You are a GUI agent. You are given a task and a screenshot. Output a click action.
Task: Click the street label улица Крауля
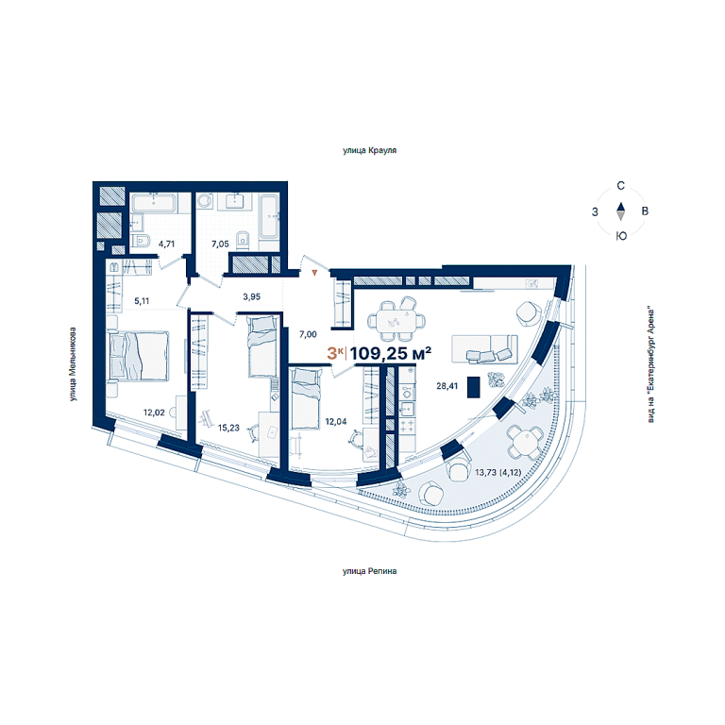(x=369, y=150)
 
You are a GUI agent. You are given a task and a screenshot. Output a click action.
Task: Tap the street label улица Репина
(x=369, y=571)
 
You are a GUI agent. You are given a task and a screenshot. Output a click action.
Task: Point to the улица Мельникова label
(x=73, y=364)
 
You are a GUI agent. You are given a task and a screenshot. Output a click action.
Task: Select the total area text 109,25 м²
(x=391, y=353)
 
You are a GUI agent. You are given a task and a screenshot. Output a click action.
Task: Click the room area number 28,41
(x=447, y=385)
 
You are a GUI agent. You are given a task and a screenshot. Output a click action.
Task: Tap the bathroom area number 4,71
(x=166, y=244)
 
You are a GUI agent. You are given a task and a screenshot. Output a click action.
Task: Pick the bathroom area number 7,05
(x=220, y=244)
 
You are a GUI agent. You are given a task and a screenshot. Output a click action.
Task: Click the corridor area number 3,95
(x=251, y=296)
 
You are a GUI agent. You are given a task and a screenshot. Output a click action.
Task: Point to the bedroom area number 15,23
(x=228, y=428)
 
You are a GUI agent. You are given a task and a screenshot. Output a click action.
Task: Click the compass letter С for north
(x=620, y=185)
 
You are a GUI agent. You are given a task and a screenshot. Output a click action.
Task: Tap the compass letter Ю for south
(x=621, y=236)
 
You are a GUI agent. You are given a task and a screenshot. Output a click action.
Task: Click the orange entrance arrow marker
(x=314, y=273)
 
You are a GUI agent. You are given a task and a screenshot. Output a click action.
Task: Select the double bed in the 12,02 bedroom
(x=137, y=356)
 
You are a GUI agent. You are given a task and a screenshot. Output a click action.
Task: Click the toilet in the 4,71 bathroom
(x=140, y=241)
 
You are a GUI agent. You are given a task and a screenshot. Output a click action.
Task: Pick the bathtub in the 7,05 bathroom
(x=269, y=216)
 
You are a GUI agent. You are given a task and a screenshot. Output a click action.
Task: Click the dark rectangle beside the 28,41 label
(x=474, y=387)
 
